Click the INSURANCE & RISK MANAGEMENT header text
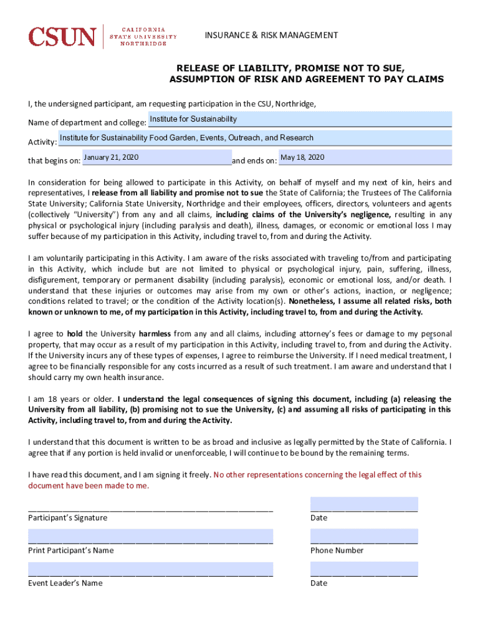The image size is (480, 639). [271, 35]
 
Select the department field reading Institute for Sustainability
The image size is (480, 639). [300, 119]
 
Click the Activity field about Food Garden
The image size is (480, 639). [254, 138]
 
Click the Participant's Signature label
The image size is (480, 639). [67, 518]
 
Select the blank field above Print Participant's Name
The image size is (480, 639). [150, 536]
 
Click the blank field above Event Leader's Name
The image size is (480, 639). [150, 568]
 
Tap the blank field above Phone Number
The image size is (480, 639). [364, 536]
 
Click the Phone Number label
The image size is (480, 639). [337, 550]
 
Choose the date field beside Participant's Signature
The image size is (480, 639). [364, 504]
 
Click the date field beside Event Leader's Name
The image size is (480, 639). [364, 568]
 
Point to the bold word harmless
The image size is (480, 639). [155, 334]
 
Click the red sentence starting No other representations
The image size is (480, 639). [317, 475]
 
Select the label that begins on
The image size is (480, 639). [54, 161]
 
